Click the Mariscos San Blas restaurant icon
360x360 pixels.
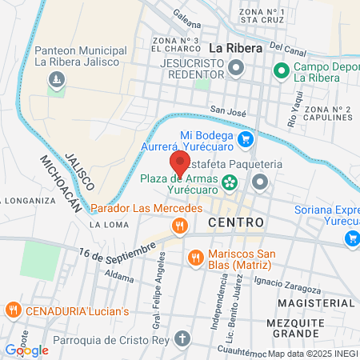194,257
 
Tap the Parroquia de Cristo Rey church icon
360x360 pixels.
183,338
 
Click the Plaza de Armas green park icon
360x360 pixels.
230,183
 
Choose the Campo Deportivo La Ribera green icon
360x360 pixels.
281,71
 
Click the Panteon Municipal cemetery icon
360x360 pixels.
56,80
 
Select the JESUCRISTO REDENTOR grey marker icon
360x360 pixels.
235,68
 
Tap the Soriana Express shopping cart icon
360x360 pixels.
351,238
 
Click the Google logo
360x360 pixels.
26,350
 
